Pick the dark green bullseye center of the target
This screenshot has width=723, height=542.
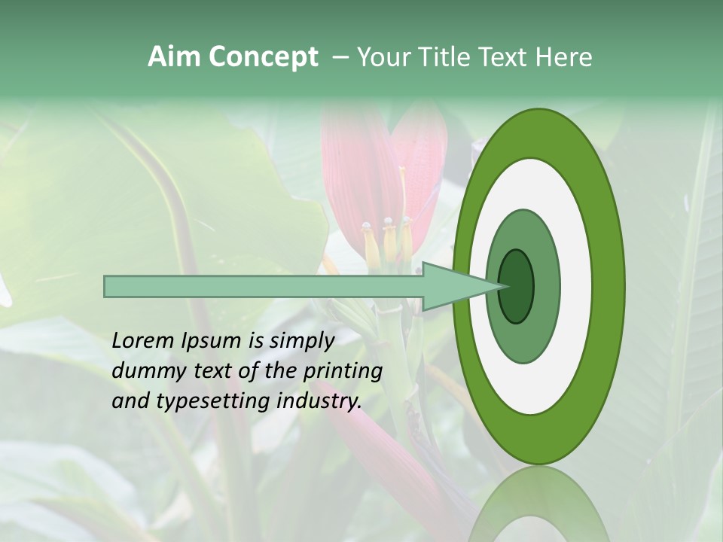tap(517, 286)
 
